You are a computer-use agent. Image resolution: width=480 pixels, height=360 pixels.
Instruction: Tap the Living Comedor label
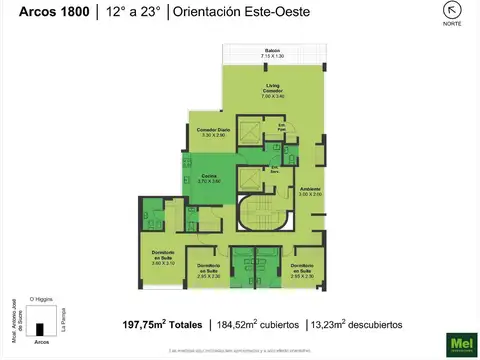click(273, 93)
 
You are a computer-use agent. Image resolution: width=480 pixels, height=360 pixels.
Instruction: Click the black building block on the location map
click(41, 329)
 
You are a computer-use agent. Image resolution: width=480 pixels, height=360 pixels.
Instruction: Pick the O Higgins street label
click(40, 298)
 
